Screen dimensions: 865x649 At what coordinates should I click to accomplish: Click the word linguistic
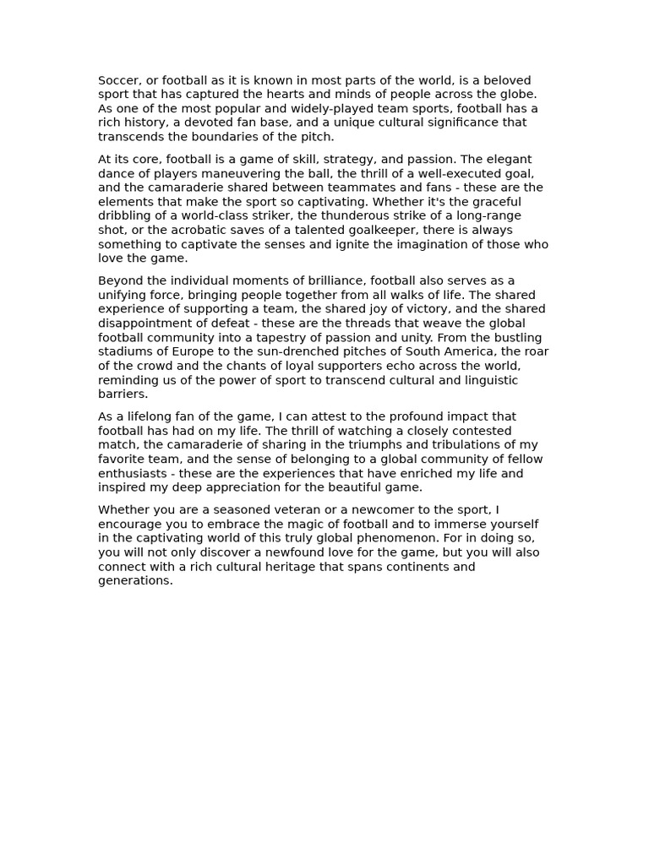488,380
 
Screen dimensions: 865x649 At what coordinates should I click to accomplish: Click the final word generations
135,581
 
